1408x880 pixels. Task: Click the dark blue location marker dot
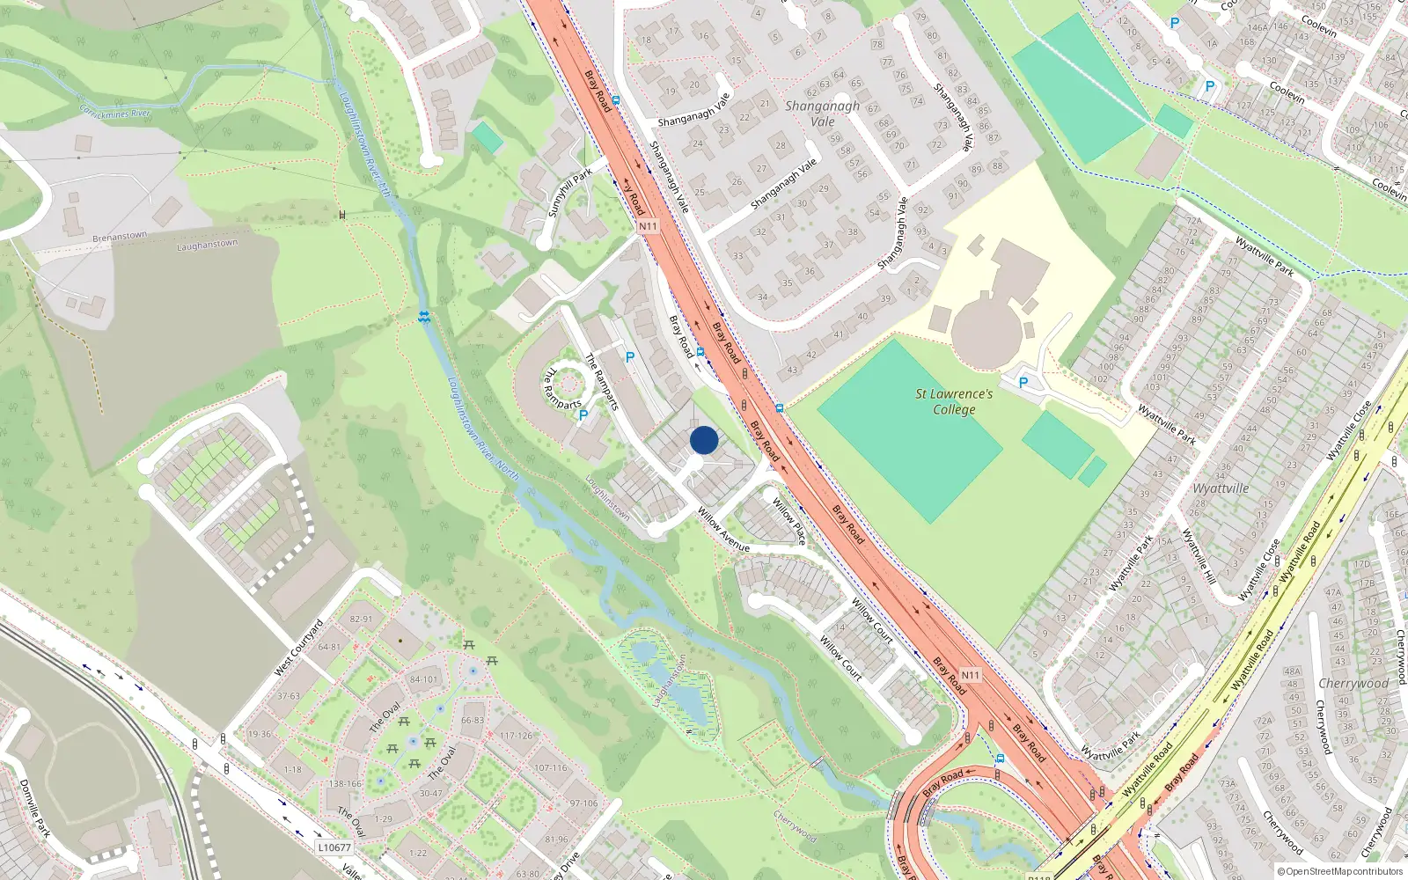tap(704, 440)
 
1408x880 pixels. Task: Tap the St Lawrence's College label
tap(954, 401)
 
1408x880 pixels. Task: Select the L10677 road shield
tap(334, 847)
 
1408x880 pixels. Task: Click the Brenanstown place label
tap(120, 237)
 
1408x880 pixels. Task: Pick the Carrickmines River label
tap(115, 113)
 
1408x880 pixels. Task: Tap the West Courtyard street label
tap(298, 649)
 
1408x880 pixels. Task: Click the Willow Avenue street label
tap(723, 529)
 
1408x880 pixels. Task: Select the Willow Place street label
tap(788, 520)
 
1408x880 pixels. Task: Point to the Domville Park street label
tap(35, 809)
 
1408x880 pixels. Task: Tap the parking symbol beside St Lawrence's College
tap(1023, 383)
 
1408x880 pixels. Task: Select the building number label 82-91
tap(361, 619)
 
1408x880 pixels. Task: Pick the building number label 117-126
tap(516, 736)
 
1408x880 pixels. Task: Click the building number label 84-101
tap(423, 679)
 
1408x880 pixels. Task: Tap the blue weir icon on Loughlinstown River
tap(424, 317)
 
